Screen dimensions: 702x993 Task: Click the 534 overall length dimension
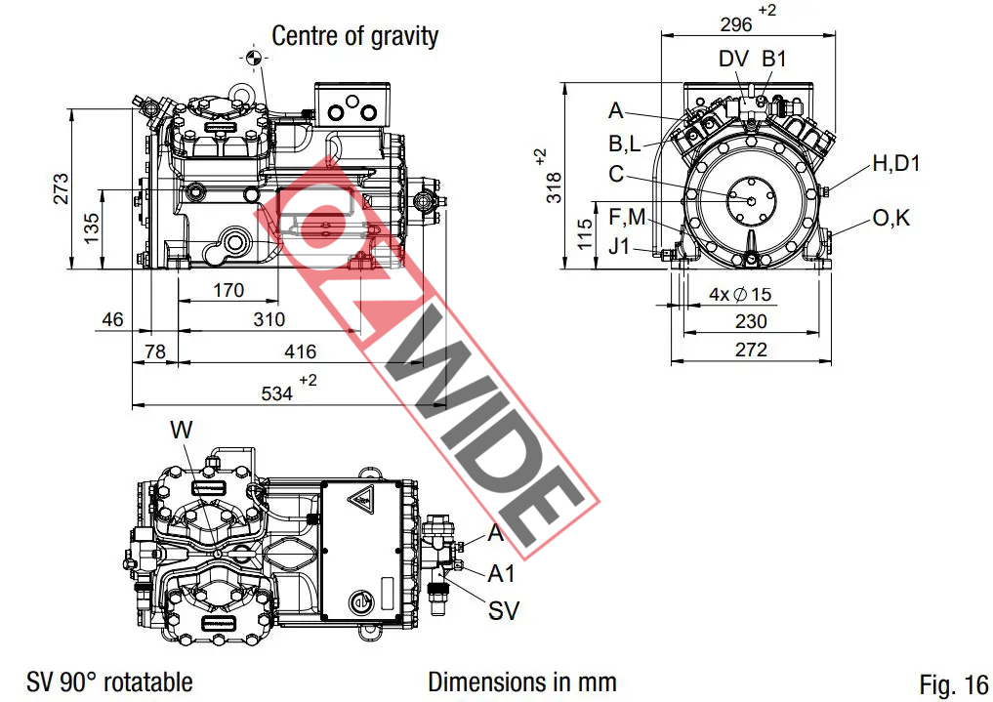[277, 392]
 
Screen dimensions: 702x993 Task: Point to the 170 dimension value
[228, 290]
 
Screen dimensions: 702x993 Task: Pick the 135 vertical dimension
[92, 227]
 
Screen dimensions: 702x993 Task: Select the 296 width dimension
[736, 24]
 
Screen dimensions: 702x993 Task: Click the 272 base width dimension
[750, 350]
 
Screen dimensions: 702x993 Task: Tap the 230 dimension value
[750, 321]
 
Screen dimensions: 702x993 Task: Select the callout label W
[182, 430]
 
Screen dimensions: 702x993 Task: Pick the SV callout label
[504, 611]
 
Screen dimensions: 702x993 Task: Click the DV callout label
[733, 59]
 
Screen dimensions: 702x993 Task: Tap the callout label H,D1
[895, 163]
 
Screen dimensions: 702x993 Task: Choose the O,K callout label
[890, 218]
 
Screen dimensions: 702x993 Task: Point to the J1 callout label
[619, 246]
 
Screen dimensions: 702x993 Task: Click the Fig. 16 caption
[953, 684]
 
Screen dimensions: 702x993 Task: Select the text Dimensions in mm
[521, 681]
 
